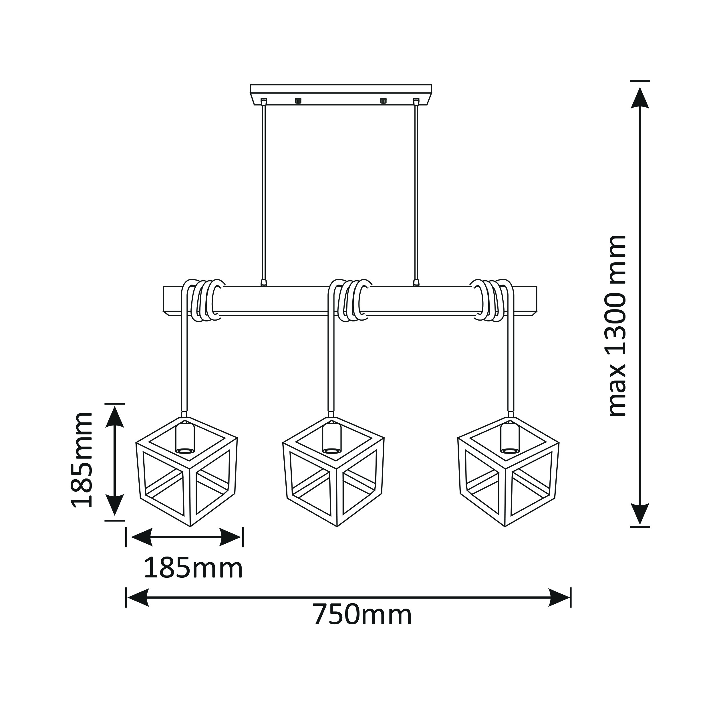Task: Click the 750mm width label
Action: (x=362, y=615)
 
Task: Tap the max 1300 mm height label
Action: (x=617, y=326)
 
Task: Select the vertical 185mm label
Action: (x=82, y=459)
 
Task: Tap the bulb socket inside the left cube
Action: (x=185, y=438)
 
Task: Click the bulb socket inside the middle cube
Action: (x=331, y=438)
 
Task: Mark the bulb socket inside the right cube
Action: (x=510, y=438)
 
